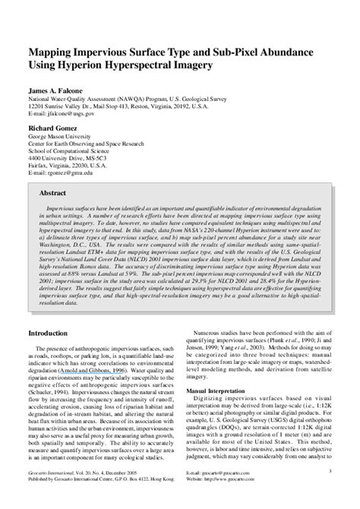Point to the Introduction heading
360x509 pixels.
pos(48,333)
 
